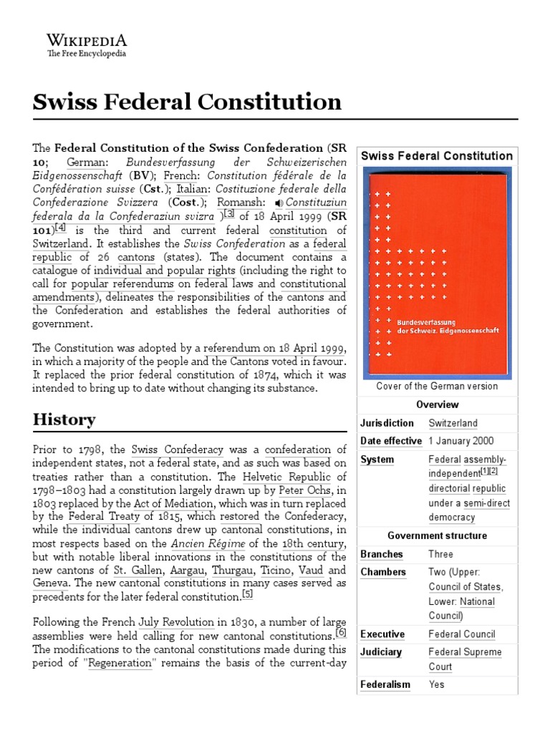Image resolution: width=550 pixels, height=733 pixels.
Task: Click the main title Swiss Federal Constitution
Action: pos(187,102)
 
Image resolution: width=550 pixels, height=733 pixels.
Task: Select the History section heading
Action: pos(64,419)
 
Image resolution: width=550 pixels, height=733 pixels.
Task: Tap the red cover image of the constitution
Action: pos(436,272)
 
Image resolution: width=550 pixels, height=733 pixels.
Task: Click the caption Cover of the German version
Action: pos(436,387)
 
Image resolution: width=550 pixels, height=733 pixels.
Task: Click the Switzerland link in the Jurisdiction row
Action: pos(453,423)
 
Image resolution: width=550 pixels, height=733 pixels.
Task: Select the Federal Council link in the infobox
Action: pos(461,634)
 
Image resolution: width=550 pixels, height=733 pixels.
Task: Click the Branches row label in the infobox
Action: pos(382,554)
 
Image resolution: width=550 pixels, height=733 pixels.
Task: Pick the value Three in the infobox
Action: pos(440,554)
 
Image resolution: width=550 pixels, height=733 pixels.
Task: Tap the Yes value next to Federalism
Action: pos(436,684)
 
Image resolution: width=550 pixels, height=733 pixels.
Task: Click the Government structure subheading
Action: pos(436,535)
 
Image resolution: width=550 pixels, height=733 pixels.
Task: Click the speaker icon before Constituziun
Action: pos(259,203)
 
